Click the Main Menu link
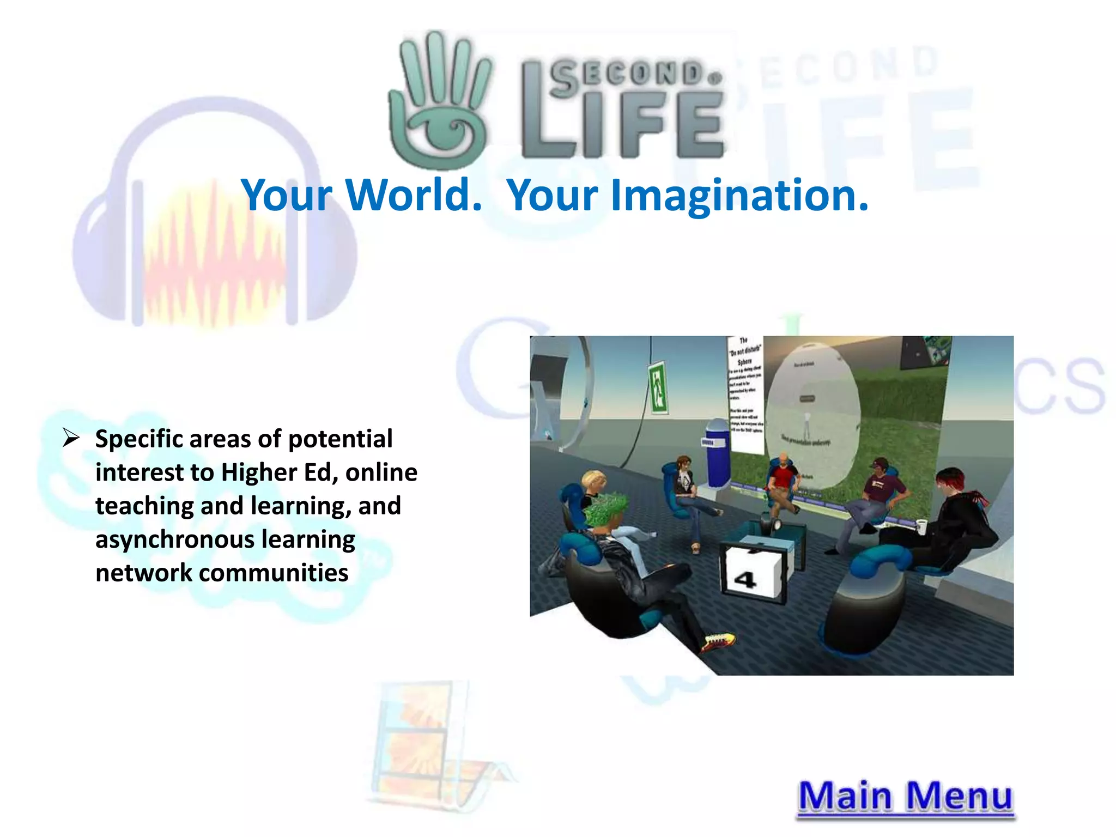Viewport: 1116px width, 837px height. click(x=905, y=797)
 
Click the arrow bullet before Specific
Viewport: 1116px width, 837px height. click(x=71, y=438)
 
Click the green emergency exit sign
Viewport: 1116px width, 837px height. click(x=658, y=389)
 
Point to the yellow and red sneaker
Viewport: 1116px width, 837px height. click(x=718, y=641)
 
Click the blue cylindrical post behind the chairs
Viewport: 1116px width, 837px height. click(x=718, y=452)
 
